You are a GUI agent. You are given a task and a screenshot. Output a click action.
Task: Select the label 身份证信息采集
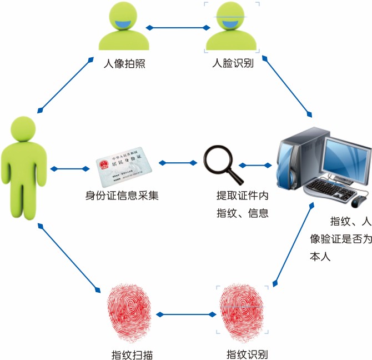(122, 196)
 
